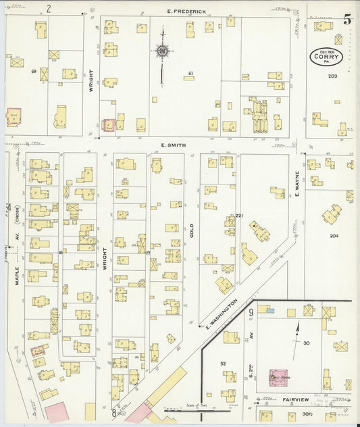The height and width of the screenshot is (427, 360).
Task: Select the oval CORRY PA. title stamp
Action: (x=326, y=57)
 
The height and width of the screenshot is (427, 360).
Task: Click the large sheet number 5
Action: (x=346, y=19)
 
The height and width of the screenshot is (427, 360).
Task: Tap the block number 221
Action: (x=238, y=216)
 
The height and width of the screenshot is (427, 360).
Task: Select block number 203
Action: (x=332, y=76)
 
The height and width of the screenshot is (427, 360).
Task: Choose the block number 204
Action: (x=334, y=236)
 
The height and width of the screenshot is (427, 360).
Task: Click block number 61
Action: (x=191, y=73)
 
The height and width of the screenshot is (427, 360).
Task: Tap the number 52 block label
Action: (x=222, y=363)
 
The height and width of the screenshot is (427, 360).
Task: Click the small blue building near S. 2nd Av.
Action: (x=269, y=310)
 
